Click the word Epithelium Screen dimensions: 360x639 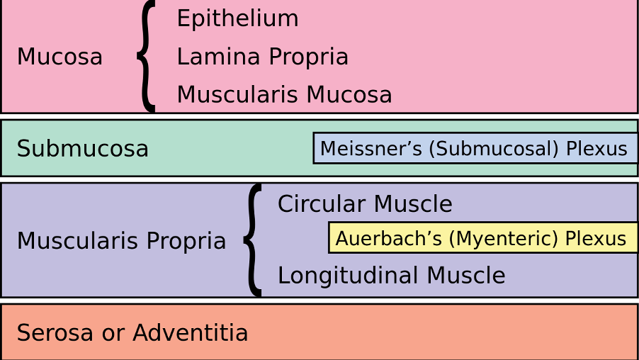(x=237, y=19)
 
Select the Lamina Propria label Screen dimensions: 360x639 (x=262, y=57)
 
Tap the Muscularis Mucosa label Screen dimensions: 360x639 (x=284, y=94)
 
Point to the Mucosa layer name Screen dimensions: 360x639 (x=60, y=57)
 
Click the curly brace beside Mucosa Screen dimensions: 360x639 (x=147, y=56)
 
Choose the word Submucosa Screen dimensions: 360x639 (x=82, y=149)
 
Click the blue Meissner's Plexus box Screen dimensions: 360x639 (x=475, y=148)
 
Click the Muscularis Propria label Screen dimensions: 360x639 (x=121, y=241)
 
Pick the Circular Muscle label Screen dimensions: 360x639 (x=364, y=204)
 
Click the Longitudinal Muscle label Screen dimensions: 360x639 (x=391, y=276)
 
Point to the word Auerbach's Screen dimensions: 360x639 (x=389, y=238)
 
